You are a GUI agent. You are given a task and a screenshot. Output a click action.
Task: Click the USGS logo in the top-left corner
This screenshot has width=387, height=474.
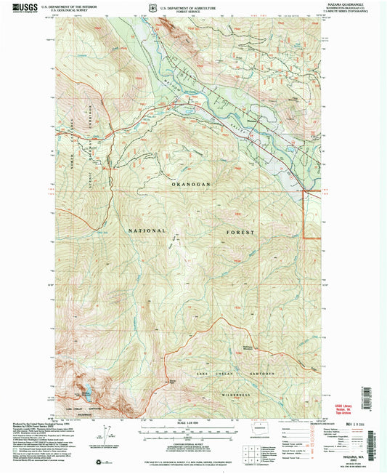click(23, 8)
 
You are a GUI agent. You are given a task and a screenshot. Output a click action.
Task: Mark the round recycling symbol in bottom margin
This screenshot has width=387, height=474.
click(99, 462)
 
